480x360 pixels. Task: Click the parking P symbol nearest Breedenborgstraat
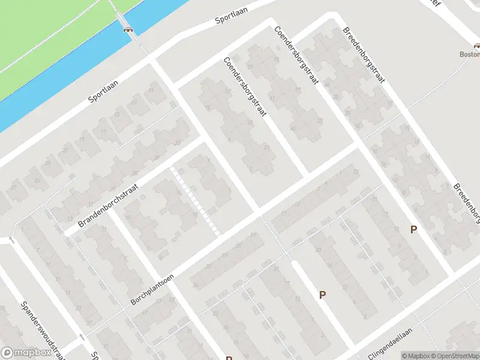[x=413, y=229]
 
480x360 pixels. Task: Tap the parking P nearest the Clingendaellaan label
[x=322, y=295]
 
